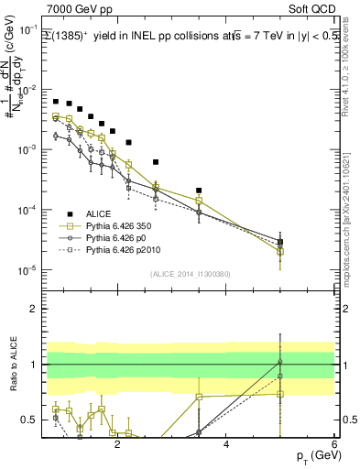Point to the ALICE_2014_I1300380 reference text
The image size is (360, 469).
tap(190, 274)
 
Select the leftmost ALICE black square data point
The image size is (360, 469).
tap(56, 102)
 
